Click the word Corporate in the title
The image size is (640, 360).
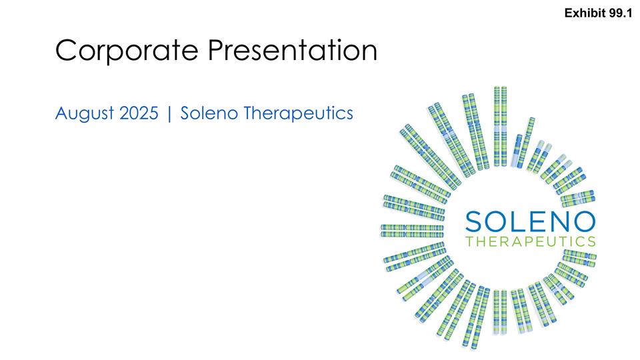click(x=127, y=51)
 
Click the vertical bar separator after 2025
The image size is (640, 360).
click(x=170, y=115)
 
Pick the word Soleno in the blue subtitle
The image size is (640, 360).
click(x=209, y=114)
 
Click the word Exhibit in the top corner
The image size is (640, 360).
click(x=583, y=13)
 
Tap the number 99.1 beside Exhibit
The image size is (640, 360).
click(x=619, y=13)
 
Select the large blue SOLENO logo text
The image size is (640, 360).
click(x=531, y=219)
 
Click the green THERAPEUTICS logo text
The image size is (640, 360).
click(x=531, y=240)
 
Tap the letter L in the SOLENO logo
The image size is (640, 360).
click(x=523, y=219)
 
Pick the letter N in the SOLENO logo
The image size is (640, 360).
click(x=561, y=219)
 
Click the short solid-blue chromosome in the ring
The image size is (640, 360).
click(x=519, y=150)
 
